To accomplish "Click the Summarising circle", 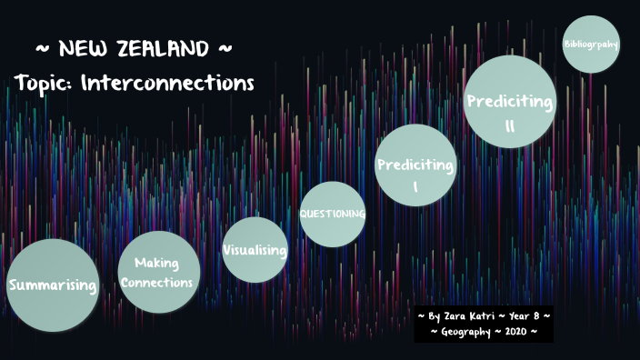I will click(52, 285).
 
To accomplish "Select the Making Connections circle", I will click(158, 272).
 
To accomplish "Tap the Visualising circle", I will click(255, 250).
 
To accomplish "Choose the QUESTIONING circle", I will click(333, 215).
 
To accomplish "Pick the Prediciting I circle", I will click(415, 165).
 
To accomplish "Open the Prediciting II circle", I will click(510, 101).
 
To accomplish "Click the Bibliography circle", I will click(591, 44).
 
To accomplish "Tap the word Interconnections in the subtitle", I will click(167, 83).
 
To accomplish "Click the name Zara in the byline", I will click(453, 315).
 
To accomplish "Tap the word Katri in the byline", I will click(481, 315).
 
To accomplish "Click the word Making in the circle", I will click(156, 264).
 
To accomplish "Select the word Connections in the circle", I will click(157, 282).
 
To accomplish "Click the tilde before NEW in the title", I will click(43, 47).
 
